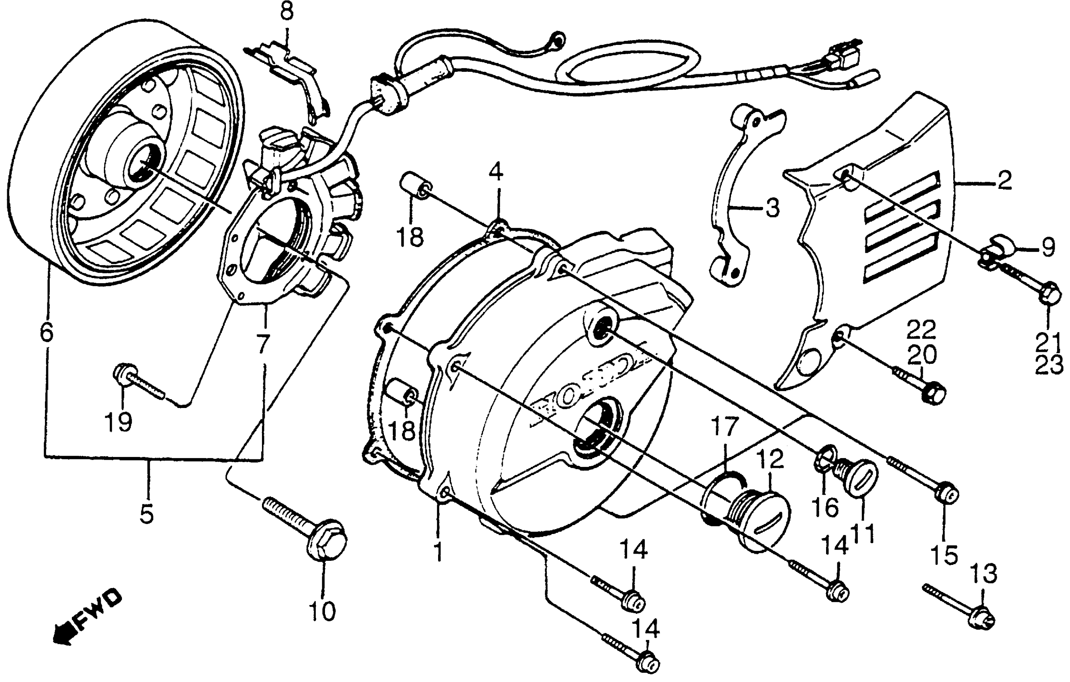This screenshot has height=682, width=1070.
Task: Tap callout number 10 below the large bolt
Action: tap(322, 612)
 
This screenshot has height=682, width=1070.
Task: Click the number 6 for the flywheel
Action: tap(46, 331)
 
